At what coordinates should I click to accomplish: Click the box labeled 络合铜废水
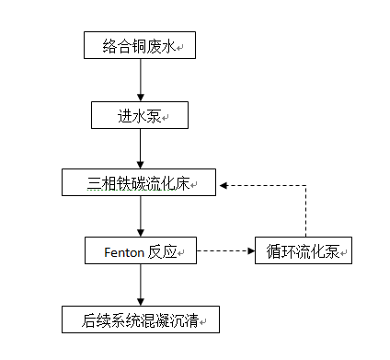click(x=139, y=44)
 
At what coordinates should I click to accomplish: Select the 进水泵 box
click(x=140, y=114)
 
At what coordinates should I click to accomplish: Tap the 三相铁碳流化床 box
click(x=139, y=183)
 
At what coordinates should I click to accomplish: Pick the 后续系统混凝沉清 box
click(x=140, y=320)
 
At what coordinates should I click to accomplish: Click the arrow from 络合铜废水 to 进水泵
click(x=140, y=79)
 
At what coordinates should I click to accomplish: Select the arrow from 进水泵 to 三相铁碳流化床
click(x=140, y=148)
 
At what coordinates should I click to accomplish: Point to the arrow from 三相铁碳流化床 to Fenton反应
click(x=140, y=217)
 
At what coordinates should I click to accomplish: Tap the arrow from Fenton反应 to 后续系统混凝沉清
click(x=140, y=285)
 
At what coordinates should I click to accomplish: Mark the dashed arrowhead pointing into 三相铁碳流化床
click(x=224, y=184)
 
